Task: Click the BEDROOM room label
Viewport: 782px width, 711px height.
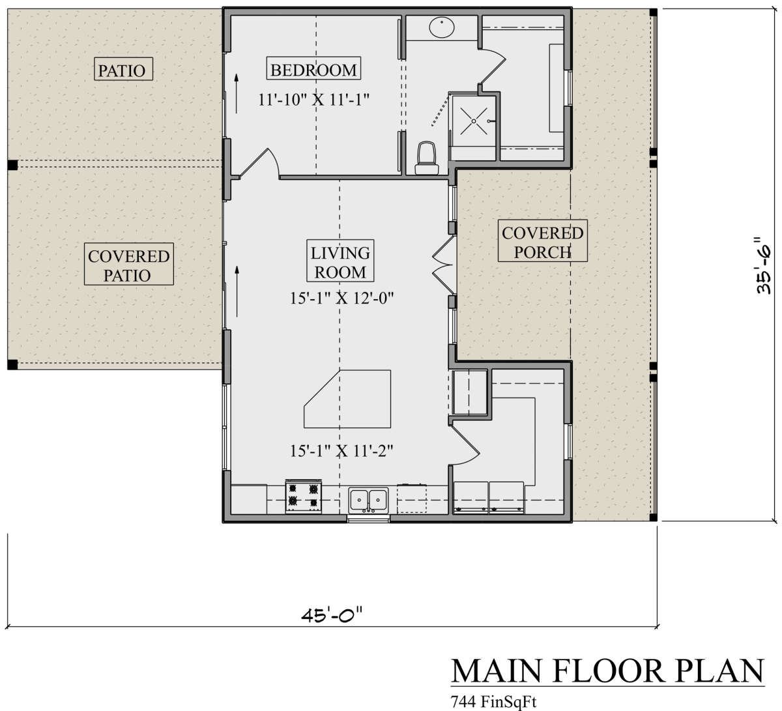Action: click(313, 69)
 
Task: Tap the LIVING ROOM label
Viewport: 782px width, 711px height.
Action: click(340, 262)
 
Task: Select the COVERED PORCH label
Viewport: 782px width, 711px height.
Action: click(542, 242)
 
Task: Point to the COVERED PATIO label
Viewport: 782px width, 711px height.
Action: click(128, 265)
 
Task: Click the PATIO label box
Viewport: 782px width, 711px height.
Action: click(123, 69)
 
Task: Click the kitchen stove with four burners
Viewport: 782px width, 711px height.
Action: click(304, 495)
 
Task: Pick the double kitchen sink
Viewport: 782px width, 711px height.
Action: click(368, 499)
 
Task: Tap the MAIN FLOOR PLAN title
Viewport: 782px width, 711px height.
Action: click(607, 671)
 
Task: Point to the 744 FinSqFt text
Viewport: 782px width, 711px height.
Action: click(493, 702)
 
